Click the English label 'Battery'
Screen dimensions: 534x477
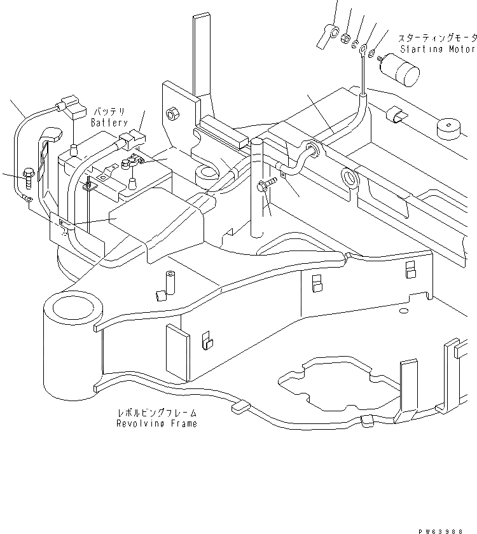click(109, 122)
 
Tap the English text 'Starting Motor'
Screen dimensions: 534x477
click(438, 49)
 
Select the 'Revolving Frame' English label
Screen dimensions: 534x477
click(156, 423)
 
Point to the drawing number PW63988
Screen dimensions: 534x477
click(449, 527)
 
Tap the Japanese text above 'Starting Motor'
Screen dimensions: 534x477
click(438, 38)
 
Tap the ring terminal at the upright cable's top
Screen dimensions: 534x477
click(364, 48)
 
